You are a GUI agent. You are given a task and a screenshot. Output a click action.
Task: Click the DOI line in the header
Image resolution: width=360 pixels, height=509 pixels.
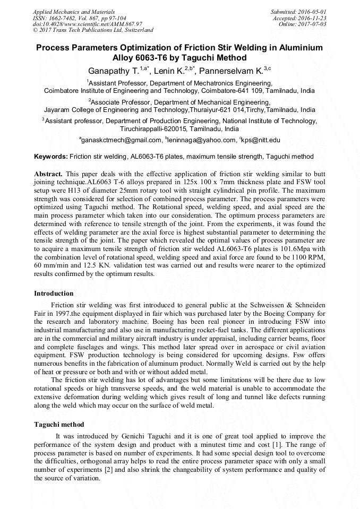point(88,24)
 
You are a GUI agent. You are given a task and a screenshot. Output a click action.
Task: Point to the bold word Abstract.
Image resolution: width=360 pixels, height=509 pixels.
point(48,174)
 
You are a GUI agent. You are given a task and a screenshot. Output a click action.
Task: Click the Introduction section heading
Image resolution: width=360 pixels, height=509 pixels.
point(54,294)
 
